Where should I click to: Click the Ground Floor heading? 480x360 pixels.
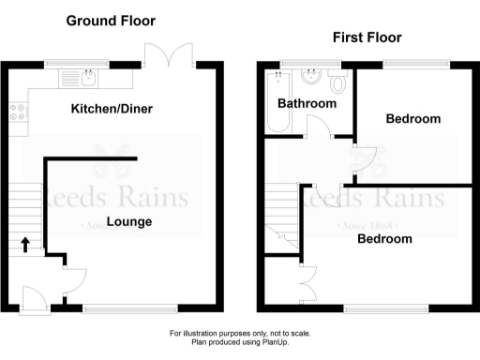(111, 21)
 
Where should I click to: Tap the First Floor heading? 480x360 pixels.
(367, 37)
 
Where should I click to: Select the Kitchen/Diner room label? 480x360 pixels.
(112, 110)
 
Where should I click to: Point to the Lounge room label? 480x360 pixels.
(129, 222)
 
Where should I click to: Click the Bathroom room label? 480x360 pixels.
(307, 104)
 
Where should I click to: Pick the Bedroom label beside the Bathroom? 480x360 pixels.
(413, 119)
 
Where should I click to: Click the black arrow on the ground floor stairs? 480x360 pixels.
(25, 246)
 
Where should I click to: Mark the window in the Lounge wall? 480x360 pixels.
(128, 307)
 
